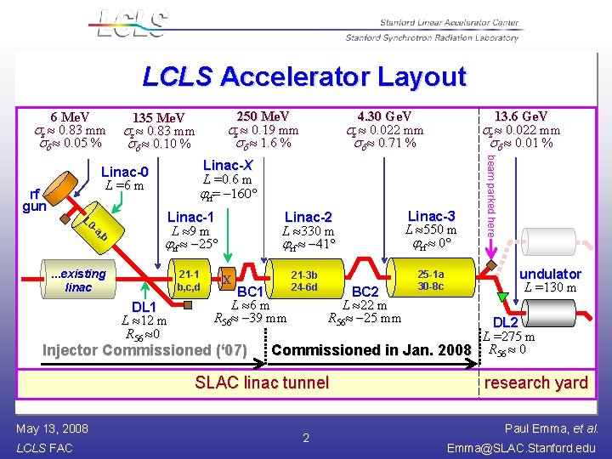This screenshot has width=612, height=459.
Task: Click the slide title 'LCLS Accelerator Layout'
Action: pyautogui.click(x=304, y=77)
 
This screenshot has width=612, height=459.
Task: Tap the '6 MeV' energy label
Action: pyautogui.click(x=70, y=116)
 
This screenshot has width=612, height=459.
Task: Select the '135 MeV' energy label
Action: pyautogui.click(x=160, y=117)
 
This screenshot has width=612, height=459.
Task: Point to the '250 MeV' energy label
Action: pyautogui.click(x=263, y=116)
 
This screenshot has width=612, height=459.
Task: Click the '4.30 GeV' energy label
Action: pyautogui.click(x=385, y=116)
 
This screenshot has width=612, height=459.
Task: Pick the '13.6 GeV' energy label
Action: pyautogui.click(x=521, y=116)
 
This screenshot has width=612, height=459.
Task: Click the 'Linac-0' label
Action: pyautogui.click(x=124, y=173)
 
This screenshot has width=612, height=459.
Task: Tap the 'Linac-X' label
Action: pyautogui.click(x=228, y=165)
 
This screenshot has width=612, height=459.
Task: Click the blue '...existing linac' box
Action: pyautogui.click(x=77, y=280)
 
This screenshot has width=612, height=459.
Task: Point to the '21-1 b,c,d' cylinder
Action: pyautogui.click(x=189, y=280)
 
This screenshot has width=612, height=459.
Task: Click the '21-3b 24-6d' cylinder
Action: pyautogui.click(x=303, y=281)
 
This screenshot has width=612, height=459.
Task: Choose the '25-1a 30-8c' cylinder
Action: pyautogui.click(x=429, y=280)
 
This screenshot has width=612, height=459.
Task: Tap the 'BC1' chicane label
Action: pyautogui.click(x=252, y=292)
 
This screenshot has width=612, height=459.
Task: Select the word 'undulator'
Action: pyautogui.click(x=550, y=274)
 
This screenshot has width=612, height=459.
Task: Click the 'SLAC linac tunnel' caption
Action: pyautogui.click(x=262, y=382)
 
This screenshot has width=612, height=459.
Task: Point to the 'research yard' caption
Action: pyautogui.click(x=535, y=382)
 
